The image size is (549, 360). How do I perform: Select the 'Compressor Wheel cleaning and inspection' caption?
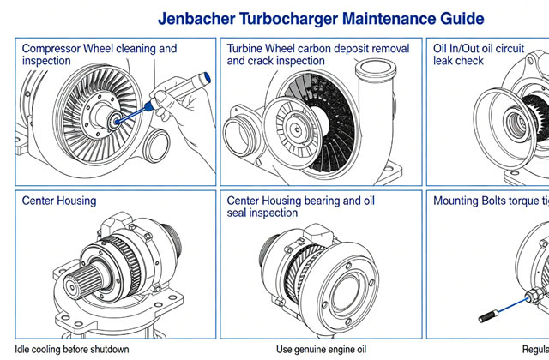pos(99,55)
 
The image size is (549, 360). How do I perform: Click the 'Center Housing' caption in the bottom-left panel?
pos(59,201)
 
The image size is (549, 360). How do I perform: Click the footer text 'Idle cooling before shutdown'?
pos(72,349)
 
